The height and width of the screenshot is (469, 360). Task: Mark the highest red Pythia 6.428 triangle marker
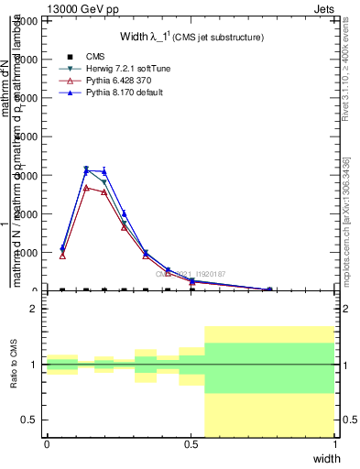pos(86,188)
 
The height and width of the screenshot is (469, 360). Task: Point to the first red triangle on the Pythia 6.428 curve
pos(62,256)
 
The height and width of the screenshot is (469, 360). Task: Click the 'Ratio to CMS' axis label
pos(13,365)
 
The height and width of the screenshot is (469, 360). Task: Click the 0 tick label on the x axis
pos(47,444)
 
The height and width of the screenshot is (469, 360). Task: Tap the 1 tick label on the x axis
pos(334,444)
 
